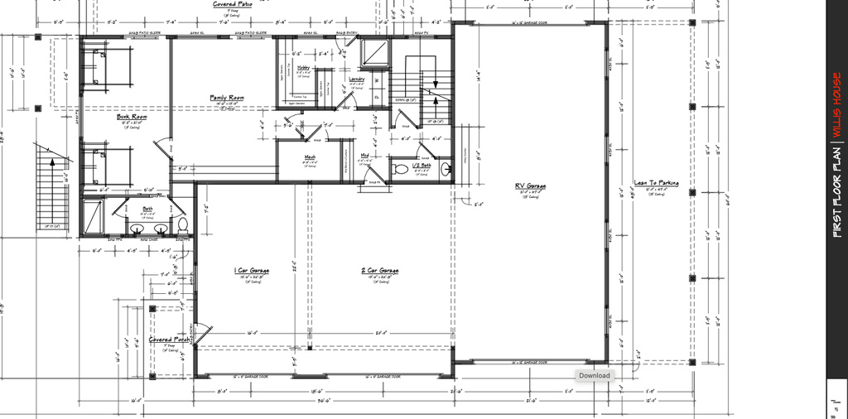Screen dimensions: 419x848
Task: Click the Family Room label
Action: pyautogui.click(x=226, y=98)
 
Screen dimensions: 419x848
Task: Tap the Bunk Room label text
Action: pyautogui.click(x=132, y=117)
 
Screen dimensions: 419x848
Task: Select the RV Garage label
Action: pyautogui.click(x=529, y=186)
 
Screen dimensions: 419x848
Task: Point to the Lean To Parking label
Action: pyautogui.click(x=656, y=183)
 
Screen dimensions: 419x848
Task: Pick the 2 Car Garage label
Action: pyautogui.click(x=381, y=270)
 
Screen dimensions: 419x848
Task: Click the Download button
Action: pyautogui.click(x=594, y=375)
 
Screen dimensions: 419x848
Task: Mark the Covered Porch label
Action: pyautogui.click(x=167, y=340)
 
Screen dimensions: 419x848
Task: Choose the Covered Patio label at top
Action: pyautogui.click(x=233, y=4)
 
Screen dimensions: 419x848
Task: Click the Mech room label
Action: pyautogui.click(x=310, y=157)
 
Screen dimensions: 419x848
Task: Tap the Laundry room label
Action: pyautogui.click(x=357, y=79)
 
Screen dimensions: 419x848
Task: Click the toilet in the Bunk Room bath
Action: pyautogui.click(x=184, y=224)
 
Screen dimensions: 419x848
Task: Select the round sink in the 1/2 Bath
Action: pyautogui.click(x=445, y=171)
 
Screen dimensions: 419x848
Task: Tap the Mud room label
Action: pyautogui.click(x=364, y=155)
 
